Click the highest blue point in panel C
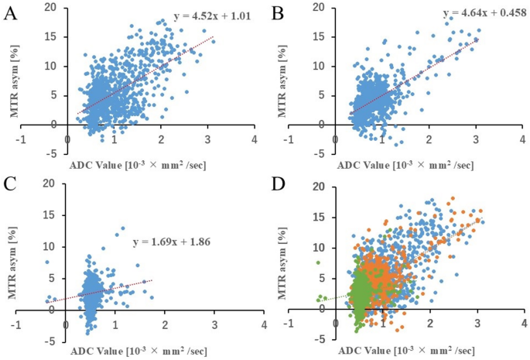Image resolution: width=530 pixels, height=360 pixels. pyautogui.click(x=121, y=228)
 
